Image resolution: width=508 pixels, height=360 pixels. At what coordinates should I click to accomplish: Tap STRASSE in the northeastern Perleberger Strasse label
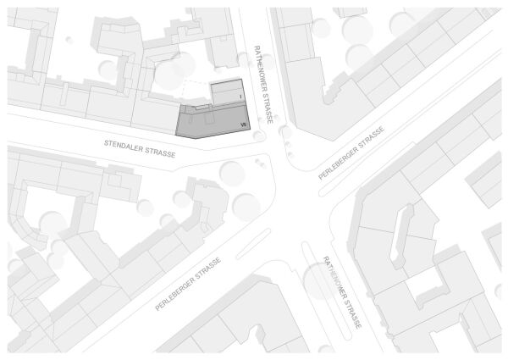371,136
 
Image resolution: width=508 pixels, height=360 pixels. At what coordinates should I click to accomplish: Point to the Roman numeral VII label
243,124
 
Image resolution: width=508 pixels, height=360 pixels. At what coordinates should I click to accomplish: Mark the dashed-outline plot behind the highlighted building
196,91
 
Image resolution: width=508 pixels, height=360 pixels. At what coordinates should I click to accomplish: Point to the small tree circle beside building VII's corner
259,136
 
